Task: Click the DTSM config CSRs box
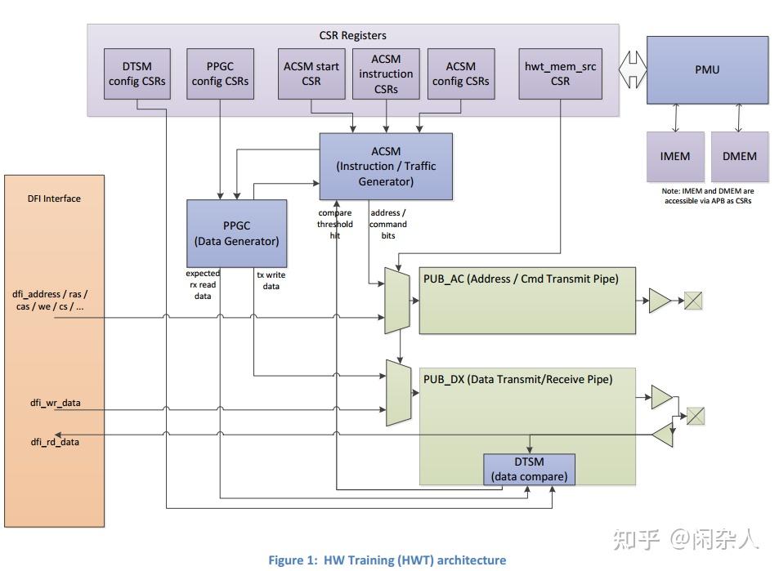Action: (x=137, y=74)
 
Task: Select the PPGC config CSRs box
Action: (x=220, y=74)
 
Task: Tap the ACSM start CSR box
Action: (x=311, y=74)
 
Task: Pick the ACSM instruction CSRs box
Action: (x=386, y=74)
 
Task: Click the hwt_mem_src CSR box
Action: (x=560, y=74)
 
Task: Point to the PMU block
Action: (x=707, y=70)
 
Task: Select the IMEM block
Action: (x=674, y=156)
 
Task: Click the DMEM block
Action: (x=739, y=156)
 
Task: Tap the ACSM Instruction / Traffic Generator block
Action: (x=386, y=167)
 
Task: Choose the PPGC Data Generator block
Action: (x=236, y=233)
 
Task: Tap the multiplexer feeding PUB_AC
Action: (x=396, y=301)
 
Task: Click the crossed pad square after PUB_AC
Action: (x=694, y=301)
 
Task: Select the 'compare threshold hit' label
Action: (x=335, y=224)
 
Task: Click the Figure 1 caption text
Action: (x=387, y=560)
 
